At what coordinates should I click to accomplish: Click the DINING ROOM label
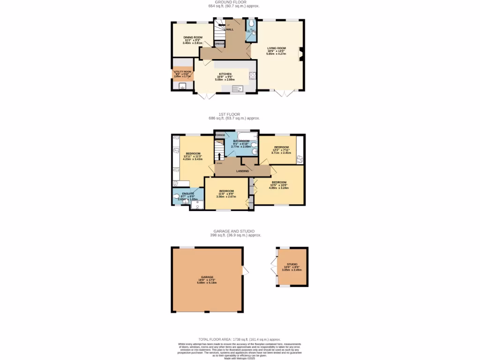point(193,37)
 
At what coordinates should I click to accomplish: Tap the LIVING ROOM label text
point(277,48)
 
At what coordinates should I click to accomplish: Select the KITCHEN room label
point(225,74)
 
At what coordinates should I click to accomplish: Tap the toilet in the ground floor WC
point(251,23)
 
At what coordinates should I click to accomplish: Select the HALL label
point(230,30)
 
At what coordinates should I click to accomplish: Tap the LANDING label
point(242,171)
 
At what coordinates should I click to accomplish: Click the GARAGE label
point(207,277)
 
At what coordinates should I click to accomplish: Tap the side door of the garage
point(245,270)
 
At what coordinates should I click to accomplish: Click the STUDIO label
point(292,264)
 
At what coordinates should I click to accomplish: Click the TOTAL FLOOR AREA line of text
point(240,339)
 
